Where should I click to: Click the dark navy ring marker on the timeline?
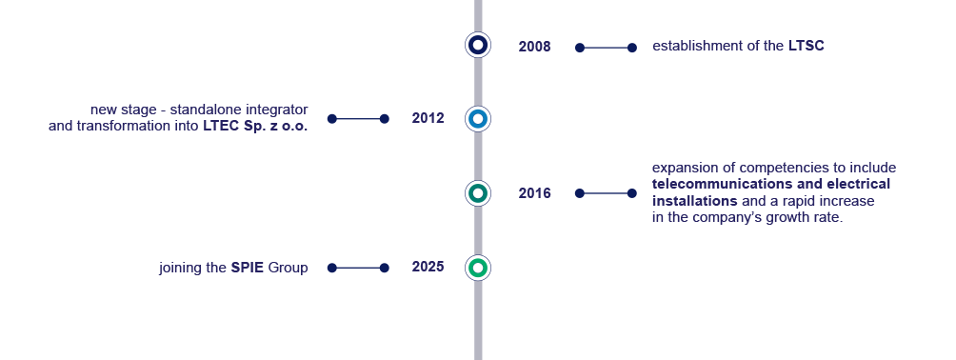click(x=478, y=45)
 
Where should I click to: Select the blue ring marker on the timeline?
click(x=478, y=119)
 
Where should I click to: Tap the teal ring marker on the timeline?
click(x=478, y=193)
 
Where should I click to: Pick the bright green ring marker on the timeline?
click(x=478, y=268)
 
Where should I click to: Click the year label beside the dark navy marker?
click(x=534, y=47)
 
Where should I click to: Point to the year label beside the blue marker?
click(x=428, y=118)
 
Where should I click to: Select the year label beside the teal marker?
click(x=534, y=193)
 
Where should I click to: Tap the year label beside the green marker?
click(x=428, y=267)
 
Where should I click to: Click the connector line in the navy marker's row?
click(x=606, y=48)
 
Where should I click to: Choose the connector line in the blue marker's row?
click(x=358, y=119)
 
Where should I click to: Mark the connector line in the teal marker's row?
click(x=606, y=193)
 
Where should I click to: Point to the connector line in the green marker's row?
click(x=358, y=268)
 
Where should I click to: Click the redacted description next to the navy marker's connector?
click(x=738, y=46)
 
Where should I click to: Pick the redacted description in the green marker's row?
click(x=233, y=269)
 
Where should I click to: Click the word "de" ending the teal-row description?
click(x=887, y=169)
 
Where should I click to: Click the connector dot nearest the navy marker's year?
click(x=580, y=48)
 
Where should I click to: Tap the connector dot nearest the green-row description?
click(x=331, y=268)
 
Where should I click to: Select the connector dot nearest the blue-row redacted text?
click(x=331, y=119)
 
